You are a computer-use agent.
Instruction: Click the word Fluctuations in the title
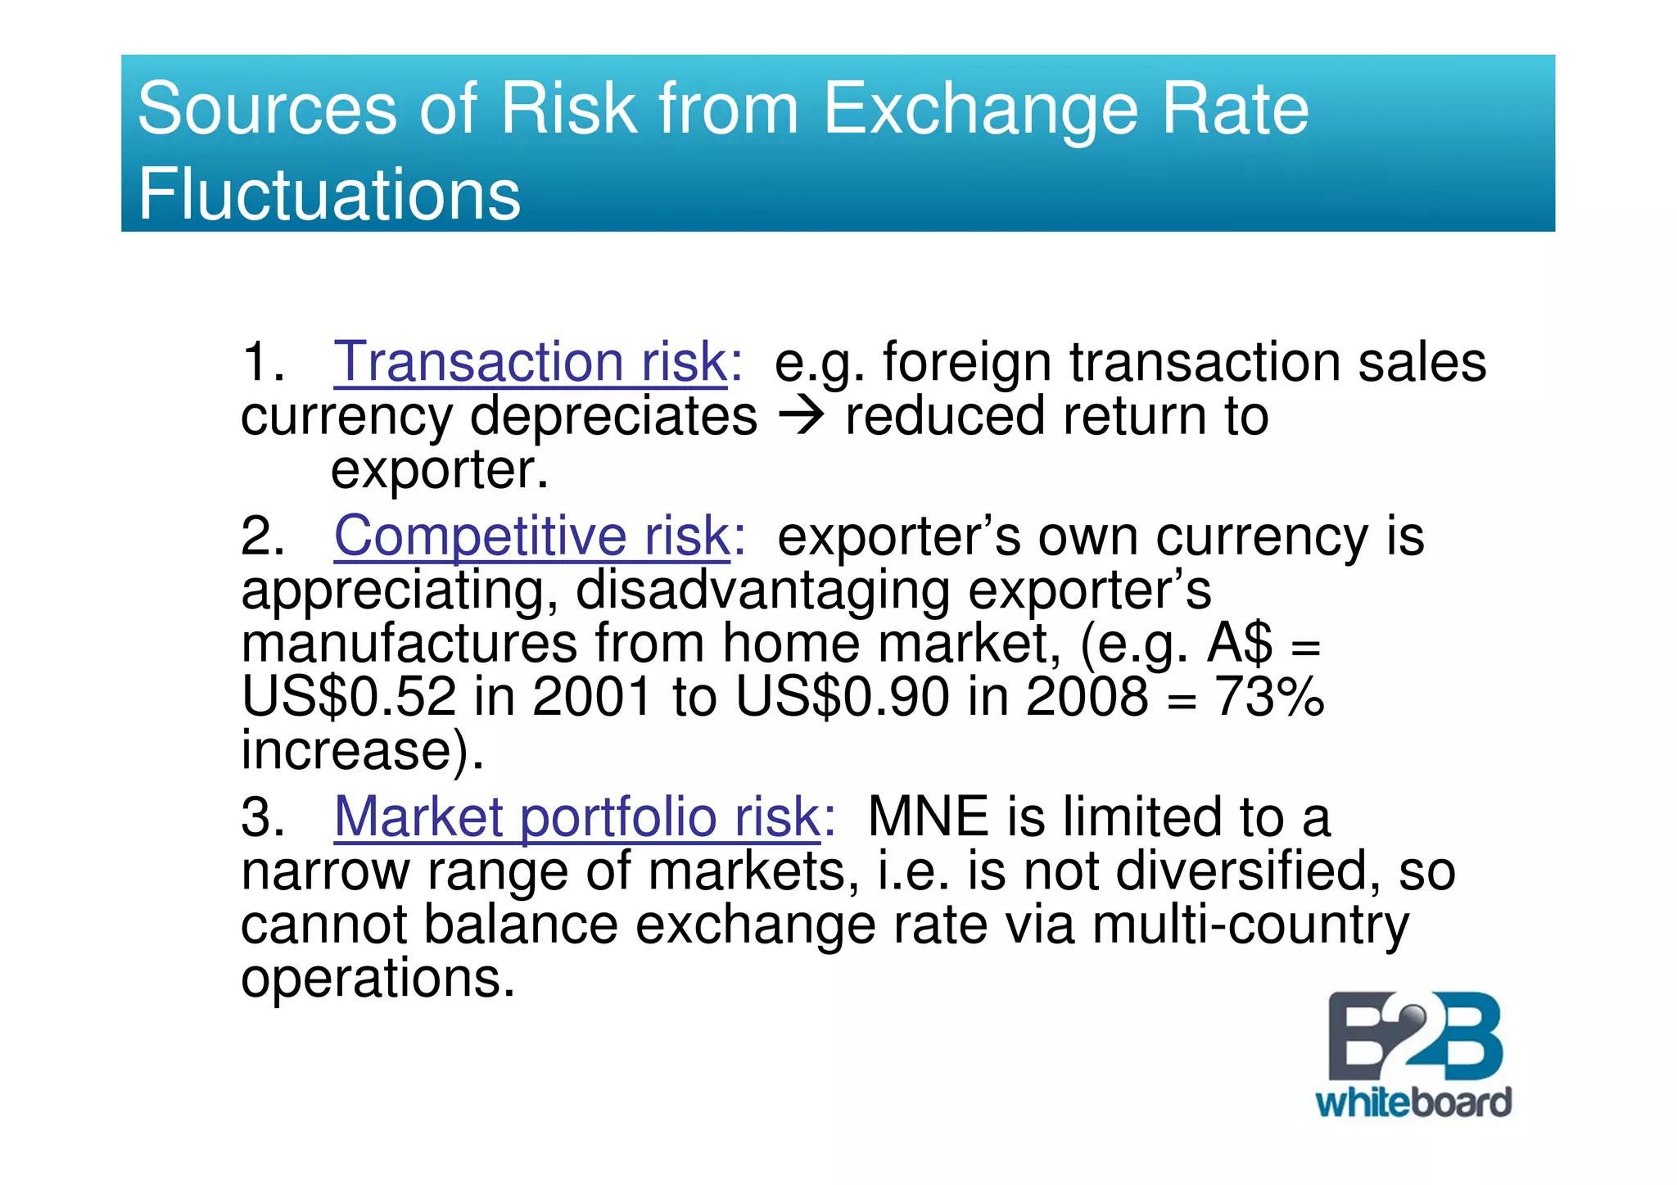(328, 194)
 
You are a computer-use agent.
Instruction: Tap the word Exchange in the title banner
(979, 109)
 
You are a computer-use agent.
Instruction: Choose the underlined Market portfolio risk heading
(576, 816)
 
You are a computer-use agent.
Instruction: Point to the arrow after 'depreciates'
(801, 417)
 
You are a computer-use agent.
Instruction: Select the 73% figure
(1268, 697)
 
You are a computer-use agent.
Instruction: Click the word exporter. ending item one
(439, 471)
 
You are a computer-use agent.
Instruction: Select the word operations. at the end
(377, 978)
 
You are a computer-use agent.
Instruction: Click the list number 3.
(262, 816)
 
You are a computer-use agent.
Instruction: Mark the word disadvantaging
(762, 589)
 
